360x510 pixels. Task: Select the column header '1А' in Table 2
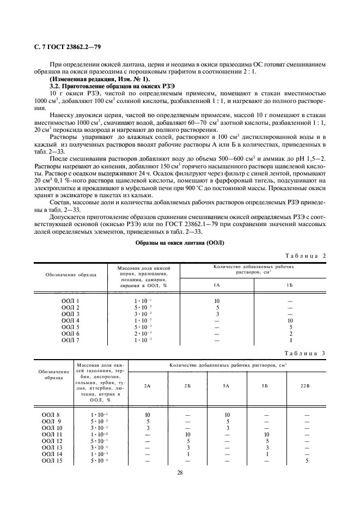(x=217, y=285)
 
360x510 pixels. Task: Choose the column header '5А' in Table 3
(x=227, y=386)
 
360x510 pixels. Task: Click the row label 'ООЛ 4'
(x=70, y=320)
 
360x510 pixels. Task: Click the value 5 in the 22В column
(x=307, y=460)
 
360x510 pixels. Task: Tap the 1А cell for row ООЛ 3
(x=217, y=314)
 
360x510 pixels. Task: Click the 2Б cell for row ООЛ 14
(x=187, y=454)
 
